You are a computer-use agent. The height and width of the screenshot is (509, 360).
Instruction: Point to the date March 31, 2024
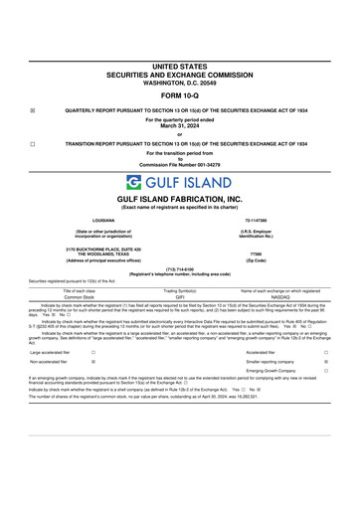click(180, 126)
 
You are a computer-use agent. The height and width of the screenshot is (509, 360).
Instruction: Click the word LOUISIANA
click(103, 220)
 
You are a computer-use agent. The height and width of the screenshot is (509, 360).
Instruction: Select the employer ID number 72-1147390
click(257, 220)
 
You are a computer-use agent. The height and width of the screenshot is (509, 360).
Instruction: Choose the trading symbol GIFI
click(180, 296)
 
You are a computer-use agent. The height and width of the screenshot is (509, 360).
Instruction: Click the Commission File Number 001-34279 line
click(180, 164)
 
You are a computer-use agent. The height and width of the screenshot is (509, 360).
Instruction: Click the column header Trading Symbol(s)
click(180, 289)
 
